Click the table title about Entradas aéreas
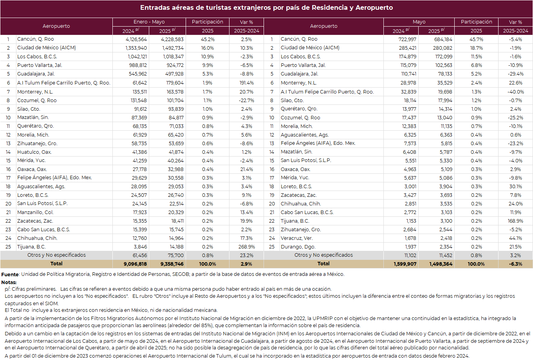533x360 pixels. (266, 7)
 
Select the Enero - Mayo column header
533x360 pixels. (149, 22)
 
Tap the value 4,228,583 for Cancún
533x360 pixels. (172, 39)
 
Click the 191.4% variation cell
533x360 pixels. (246, 83)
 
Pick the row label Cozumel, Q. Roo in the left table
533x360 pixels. (37, 100)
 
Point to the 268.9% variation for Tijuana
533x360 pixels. (246, 247)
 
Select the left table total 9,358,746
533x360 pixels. (172, 264)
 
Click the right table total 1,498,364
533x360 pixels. (441, 264)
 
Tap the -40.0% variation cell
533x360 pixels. (515, 92)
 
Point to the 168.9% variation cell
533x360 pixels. (515, 221)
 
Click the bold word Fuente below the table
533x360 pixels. (10, 274)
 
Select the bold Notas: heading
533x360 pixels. (9, 283)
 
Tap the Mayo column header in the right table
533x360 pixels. (419, 22)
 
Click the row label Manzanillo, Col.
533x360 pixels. (35, 212)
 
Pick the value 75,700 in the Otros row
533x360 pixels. (175, 256)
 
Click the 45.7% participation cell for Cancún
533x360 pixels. (476, 39)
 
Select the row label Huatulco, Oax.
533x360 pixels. (34, 152)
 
